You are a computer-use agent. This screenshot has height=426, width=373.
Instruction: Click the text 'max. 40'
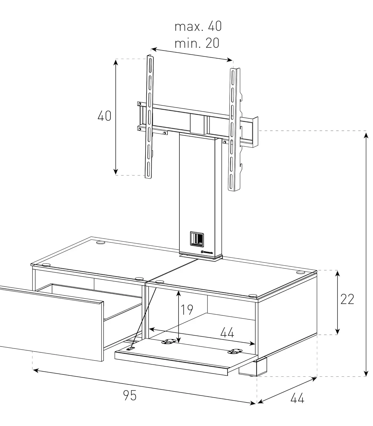[198, 26]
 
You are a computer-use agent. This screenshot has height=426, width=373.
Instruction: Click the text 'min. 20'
[197, 43]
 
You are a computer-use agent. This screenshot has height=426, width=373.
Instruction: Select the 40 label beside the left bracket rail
[104, 116]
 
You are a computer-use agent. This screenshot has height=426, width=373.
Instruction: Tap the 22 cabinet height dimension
[347, 299]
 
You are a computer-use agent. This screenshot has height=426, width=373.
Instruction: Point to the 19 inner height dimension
[187, 310]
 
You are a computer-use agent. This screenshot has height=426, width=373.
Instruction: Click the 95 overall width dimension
[130, 395]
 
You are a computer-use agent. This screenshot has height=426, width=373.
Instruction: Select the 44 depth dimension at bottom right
[297, 398]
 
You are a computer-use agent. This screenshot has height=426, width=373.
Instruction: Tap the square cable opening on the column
[197, 238]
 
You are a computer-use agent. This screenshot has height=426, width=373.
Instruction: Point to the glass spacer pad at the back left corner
[101, 243]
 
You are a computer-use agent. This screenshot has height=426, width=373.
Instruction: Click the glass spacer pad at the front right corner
[253, 296]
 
